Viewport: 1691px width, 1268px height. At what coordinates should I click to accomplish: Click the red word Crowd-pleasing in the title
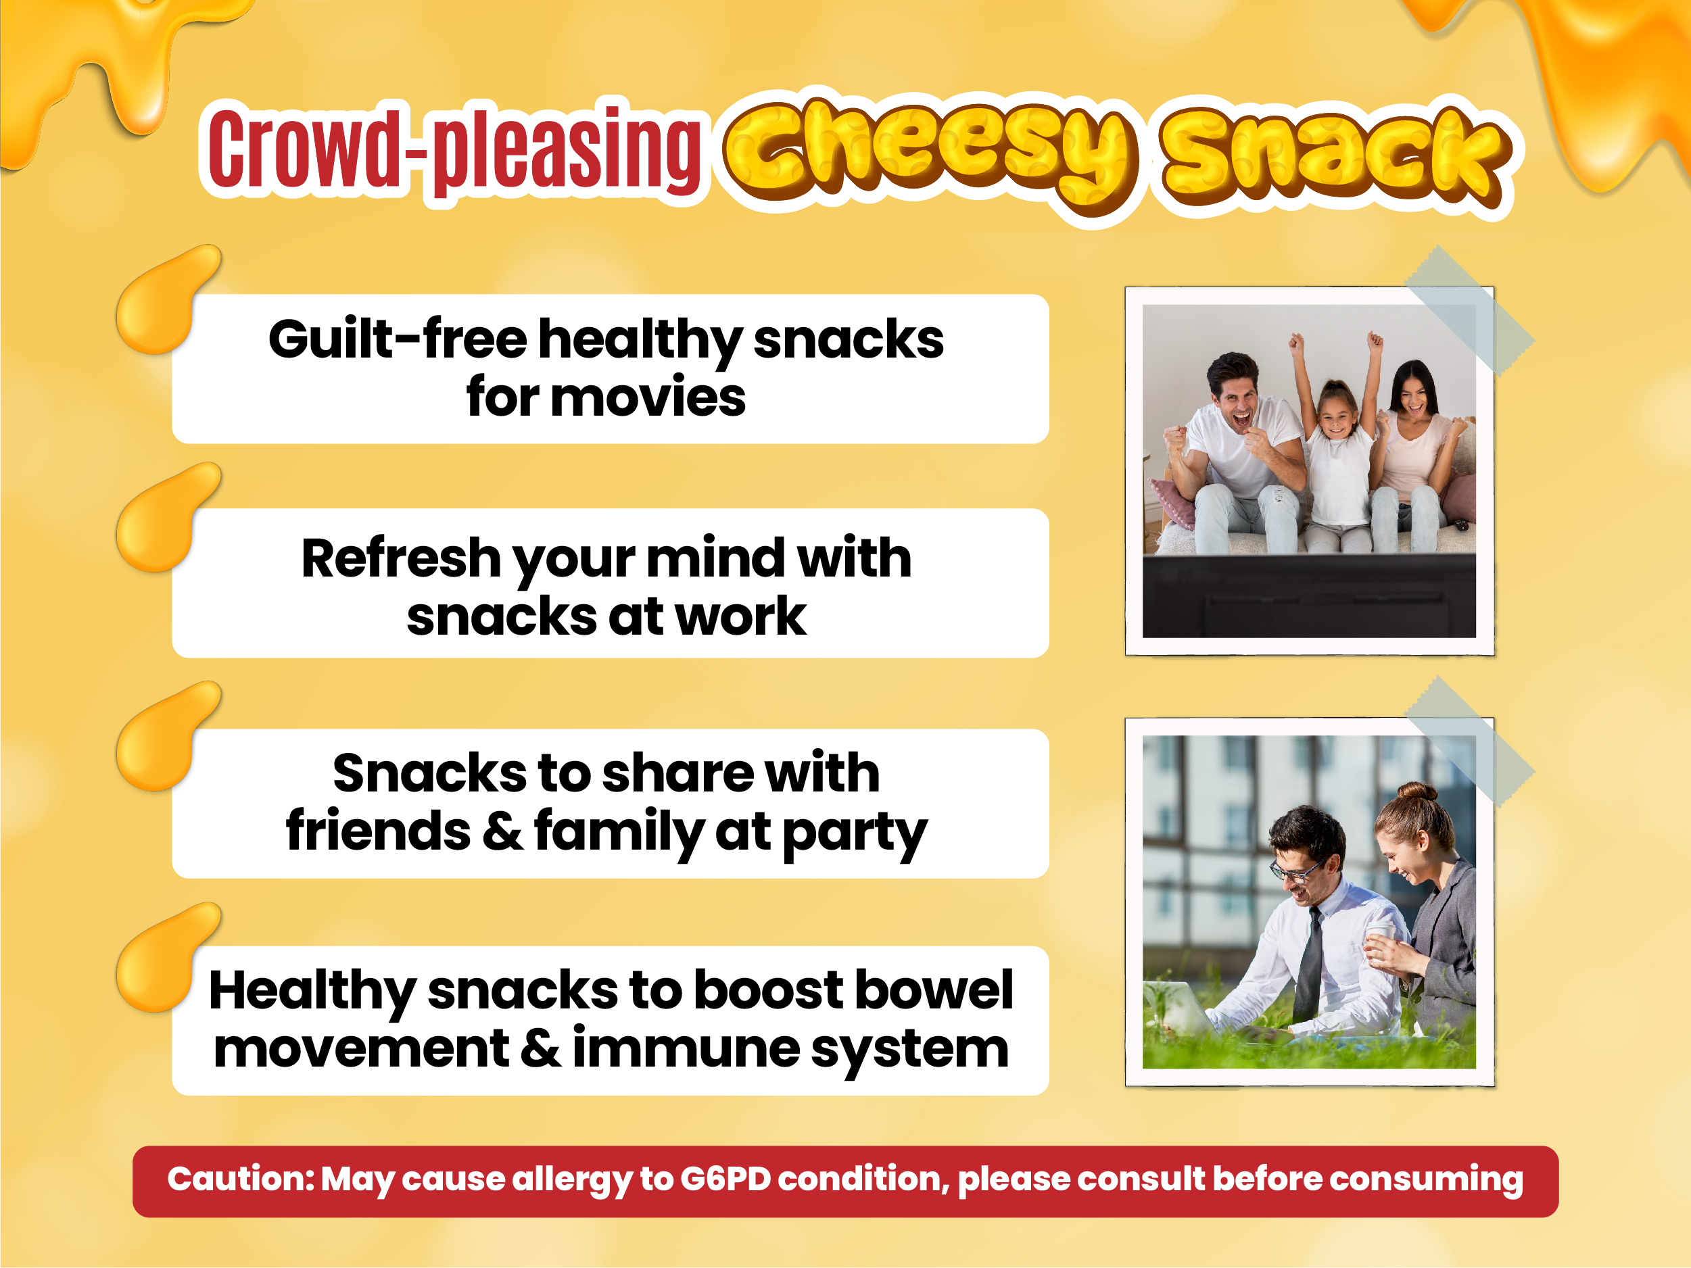[x=454, y=149]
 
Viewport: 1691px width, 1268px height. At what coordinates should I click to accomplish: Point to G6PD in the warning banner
[x=725, y=1179]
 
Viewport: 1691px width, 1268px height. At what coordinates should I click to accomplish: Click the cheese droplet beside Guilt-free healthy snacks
[x=166, y=299]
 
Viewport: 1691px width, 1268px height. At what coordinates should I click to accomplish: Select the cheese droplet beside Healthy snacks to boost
[x=166, y=957]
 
